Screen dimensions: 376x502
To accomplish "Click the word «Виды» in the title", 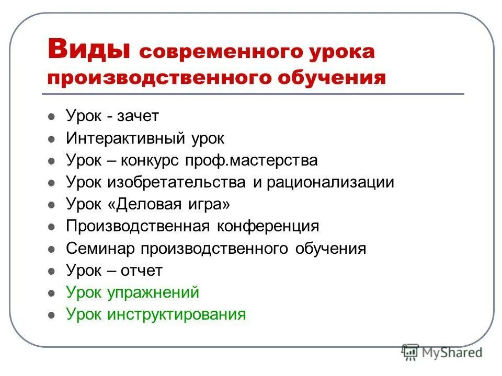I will tap(88, 50).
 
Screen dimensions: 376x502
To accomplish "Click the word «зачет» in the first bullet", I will tap(138, 116).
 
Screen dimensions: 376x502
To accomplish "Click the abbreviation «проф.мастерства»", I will tap(250, 160).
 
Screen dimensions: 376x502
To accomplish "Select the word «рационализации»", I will tap(330, 182).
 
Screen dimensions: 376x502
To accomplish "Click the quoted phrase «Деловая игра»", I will tap(168, 204).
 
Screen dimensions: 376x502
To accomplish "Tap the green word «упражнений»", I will tap(153, 292).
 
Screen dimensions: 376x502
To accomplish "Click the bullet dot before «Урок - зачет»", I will tap(51, 118).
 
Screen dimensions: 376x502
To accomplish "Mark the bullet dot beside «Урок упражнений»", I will tap(51, 293).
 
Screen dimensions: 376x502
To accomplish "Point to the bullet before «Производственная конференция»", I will tap(51, 227).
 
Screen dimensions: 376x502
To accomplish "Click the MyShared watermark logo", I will tap(442, 352).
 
